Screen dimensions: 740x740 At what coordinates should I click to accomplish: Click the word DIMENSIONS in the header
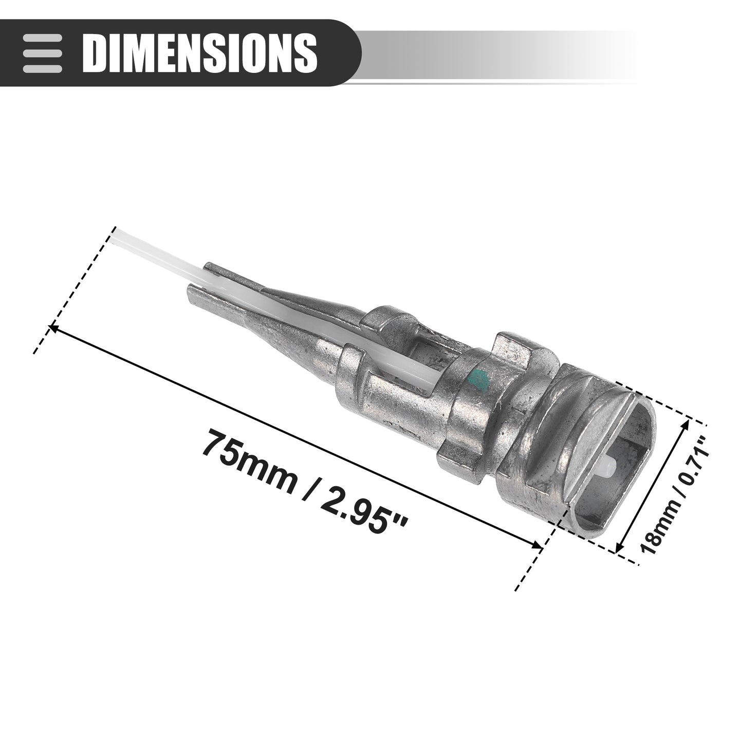click(x=200, y=53)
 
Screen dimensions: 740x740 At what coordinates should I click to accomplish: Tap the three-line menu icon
click(x=42, y=53)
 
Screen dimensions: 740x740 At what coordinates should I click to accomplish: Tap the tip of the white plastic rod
click(x=113, y=234)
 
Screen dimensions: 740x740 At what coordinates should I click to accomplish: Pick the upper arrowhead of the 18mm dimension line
click(x=687, y=424)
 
